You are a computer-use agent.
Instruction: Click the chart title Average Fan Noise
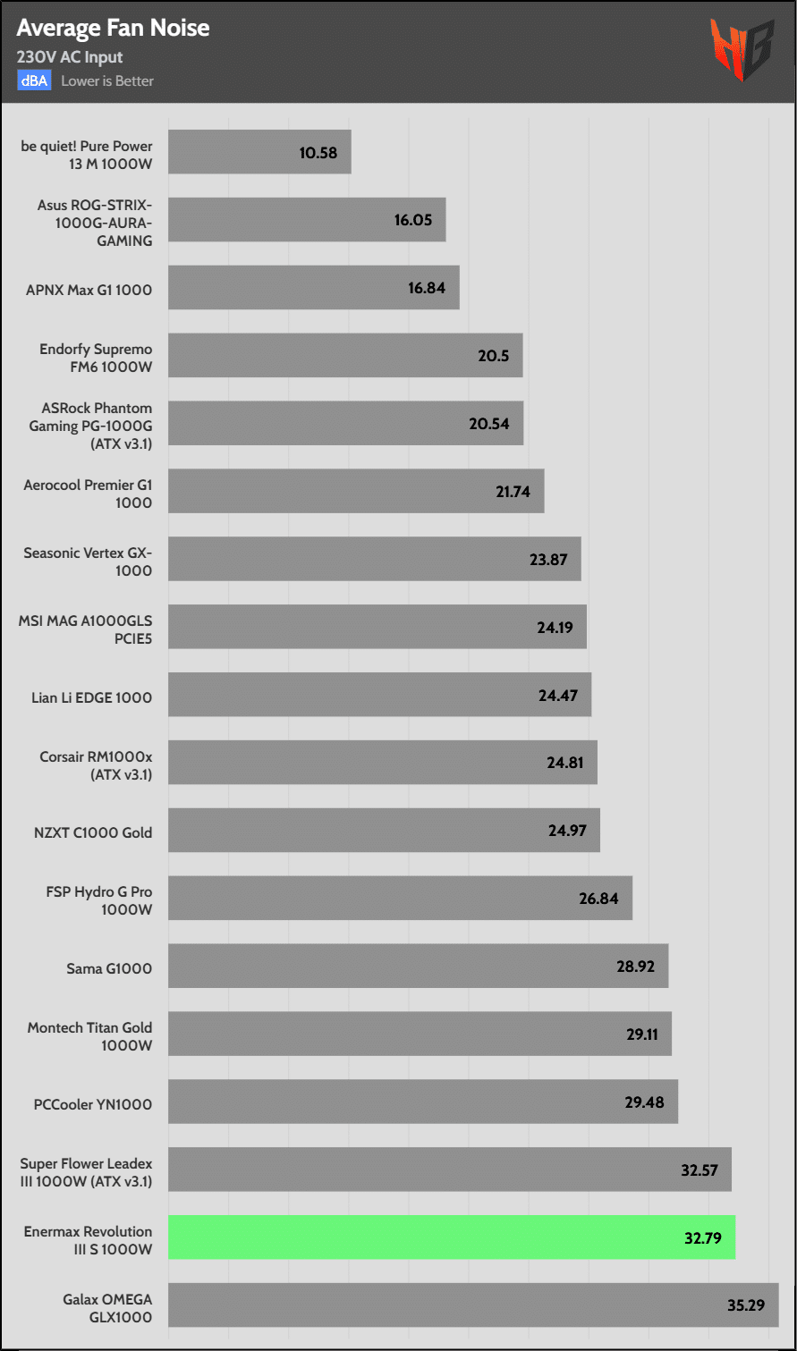pos(113,29)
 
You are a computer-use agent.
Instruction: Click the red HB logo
pos(742,49)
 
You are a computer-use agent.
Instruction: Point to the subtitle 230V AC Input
pos(70,57)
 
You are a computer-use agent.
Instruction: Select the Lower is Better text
pos(107,80)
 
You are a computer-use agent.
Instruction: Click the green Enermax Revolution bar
pos(452,1237)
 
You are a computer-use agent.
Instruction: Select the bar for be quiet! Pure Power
pos(259,152)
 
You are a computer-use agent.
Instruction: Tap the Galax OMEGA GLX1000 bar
pos(473,1305)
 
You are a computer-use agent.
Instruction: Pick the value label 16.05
pos(413,220)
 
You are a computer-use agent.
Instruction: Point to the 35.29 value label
pos(746,1305)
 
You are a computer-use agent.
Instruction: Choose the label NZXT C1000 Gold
pos(93,832)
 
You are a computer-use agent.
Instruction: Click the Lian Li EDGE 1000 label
pos(92,697)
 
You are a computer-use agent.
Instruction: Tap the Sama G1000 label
pos(109,968)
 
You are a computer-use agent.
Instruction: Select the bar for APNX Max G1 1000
pos(313,288)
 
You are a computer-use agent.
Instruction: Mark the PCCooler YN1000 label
pos(93,1104)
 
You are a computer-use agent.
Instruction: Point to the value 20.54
pos(489,424)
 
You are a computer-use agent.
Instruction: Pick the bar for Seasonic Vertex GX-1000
pos(374,560)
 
